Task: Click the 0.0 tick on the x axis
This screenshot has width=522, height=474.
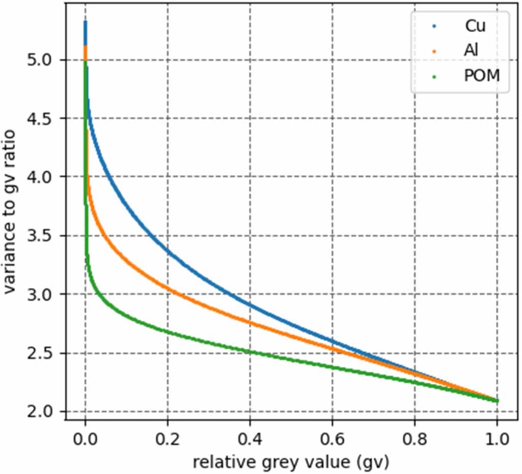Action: pyautogui.click(x=85, y=437)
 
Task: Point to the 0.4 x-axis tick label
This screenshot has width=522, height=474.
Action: pyautogui.click(x=250, y=437)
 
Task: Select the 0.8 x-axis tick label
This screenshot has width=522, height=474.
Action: pyautogui.click(x=415, y=437)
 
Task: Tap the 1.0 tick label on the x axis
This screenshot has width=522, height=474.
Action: pyautogui.click(x=497, y=437)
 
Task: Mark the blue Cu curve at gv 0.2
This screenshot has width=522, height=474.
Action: pyautogui.click(x=168, y=250)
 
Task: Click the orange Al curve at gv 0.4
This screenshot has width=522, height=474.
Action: pyautogui.click(x=250, y=322)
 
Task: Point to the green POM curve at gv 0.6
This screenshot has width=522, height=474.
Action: pyautogui.click(x=332, y=367)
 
